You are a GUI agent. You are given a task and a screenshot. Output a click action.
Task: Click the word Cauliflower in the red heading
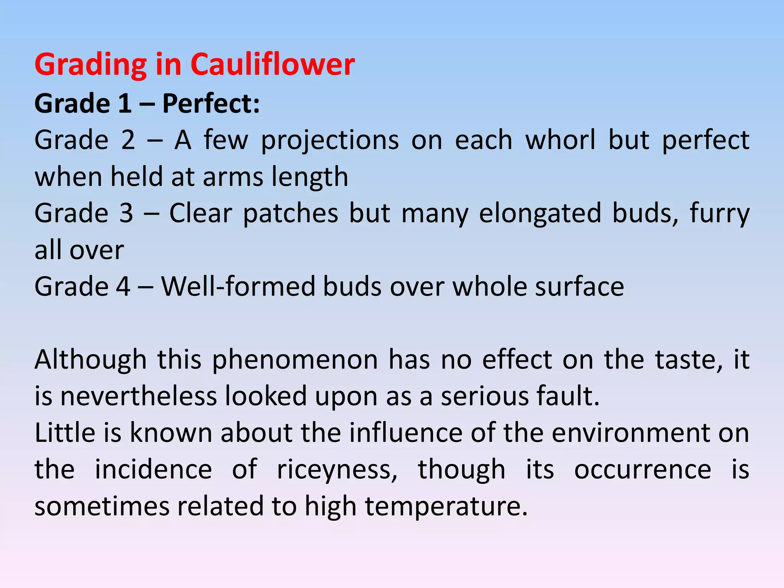273,64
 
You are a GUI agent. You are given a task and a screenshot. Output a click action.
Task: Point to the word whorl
560,140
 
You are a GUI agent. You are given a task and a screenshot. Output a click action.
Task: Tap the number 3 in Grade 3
126,213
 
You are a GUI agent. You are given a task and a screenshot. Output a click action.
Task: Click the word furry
720,214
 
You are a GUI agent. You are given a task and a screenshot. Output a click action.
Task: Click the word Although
91,360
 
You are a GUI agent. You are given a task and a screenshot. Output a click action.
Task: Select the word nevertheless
139,396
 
